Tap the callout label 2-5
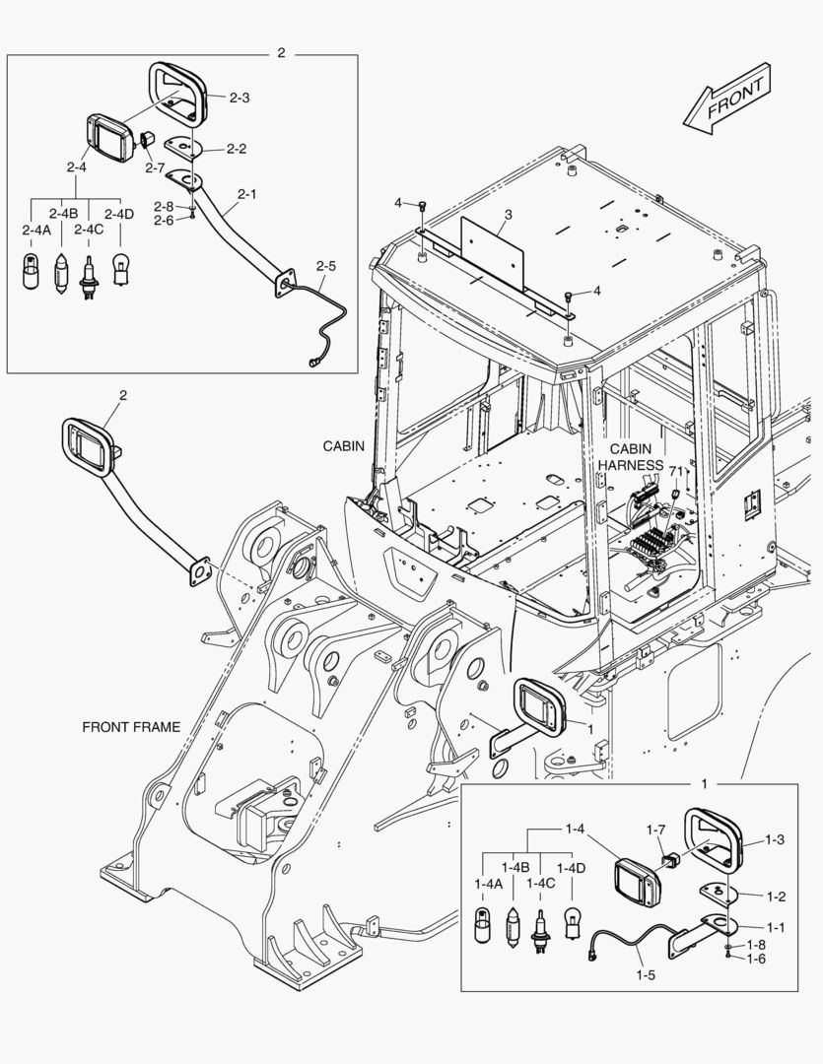point(326,266)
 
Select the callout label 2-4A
point(35,230)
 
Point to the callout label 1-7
point(656,830)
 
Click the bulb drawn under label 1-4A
point(484,927)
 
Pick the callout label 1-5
point(645,975)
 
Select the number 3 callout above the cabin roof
point(508,214)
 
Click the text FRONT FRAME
point(131,727)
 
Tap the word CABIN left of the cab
point(344,445)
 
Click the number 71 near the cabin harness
point(675,471)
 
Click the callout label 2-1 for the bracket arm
point(246,194)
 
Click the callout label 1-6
point(756,959)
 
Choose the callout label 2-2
point(236,149)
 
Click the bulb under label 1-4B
point(513,927)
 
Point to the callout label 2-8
point(164,207)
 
